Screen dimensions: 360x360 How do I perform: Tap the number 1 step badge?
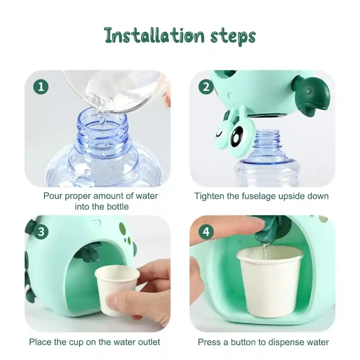pyautogui.click(x=41, y=87)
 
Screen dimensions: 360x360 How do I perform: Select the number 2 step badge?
pyautogui.click(x=206, y=86)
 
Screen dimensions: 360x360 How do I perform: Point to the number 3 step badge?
pyautogui.click(x=41, y=232)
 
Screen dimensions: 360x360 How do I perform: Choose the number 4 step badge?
pyautogui.click(x=206, y=232)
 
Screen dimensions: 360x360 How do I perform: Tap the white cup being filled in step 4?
pyautogui.click(x=270, y=282)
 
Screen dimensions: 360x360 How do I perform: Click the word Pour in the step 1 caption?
pyautogui.click(x=53, y=196)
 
